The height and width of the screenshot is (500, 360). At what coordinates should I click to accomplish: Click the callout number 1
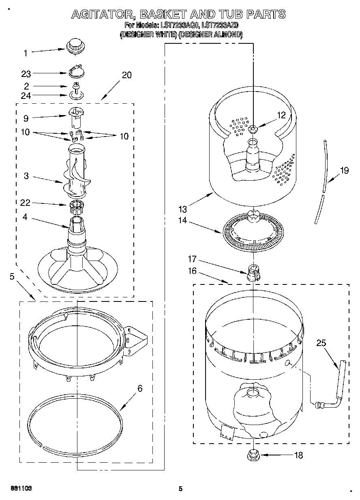[25, 53]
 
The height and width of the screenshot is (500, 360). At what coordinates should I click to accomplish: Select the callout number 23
[26, 74]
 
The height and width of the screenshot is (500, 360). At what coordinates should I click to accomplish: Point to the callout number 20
[126, 75]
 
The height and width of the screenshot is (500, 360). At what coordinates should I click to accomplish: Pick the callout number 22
[25, 203]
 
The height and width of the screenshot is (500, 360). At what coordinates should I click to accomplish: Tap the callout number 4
[25, 217]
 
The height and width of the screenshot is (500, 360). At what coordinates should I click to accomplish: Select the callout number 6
[140, 389]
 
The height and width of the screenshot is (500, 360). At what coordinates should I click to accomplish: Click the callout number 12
[281, 115]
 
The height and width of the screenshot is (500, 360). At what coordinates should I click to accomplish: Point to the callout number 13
[182, 209]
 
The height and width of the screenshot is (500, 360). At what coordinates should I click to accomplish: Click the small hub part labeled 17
[252, 272]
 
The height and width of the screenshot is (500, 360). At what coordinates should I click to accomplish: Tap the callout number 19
[344, 170]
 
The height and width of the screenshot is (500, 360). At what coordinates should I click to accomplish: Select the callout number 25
[321, 343]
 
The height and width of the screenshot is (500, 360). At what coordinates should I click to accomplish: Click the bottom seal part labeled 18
[252, 455]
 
